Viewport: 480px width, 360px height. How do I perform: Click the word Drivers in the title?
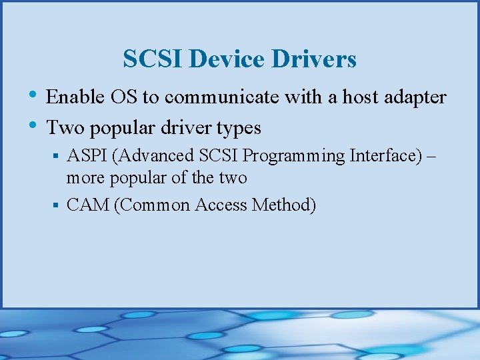(x=315, y=60)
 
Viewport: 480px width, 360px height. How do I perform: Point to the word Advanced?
(x=157, y=156)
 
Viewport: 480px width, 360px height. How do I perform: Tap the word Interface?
(x=384, y=156)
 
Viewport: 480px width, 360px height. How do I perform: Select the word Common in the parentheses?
(x=153, y=205)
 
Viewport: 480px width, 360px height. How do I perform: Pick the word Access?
(x=221, y=205)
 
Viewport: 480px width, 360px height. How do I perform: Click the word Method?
(x=283, y=205)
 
